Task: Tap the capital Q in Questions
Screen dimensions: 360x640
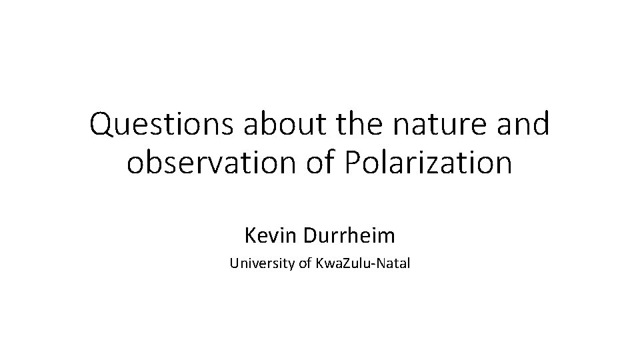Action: click(101, 125)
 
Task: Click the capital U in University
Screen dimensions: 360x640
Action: click(234, 264)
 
